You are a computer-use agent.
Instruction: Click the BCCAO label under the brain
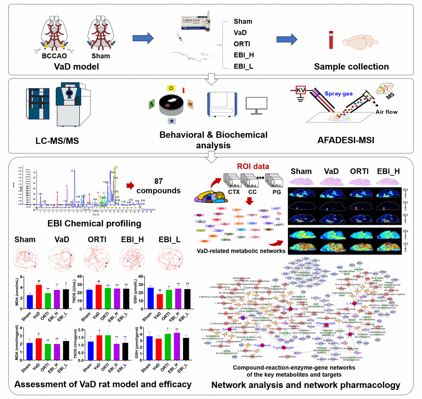54,56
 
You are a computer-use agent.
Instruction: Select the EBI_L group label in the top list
243,66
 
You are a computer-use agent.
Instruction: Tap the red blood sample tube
331,40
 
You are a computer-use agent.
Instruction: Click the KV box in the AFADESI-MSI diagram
301,90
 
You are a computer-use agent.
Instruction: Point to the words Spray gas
338,94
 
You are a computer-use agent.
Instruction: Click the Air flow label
386,112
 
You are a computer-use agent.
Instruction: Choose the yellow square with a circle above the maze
171,88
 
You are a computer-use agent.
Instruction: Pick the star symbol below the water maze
172,121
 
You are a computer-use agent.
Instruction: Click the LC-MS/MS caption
57,141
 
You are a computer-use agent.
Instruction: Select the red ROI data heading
253,166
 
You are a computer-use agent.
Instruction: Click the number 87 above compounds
158,181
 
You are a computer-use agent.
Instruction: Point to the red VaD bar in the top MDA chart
39,296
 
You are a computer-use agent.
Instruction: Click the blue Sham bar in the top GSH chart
150,298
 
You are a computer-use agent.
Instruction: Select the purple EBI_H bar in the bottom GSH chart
177,346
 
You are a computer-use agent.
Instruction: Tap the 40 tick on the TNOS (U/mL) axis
80,277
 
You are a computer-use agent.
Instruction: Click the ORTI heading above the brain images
359,171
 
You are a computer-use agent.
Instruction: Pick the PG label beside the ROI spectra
277,192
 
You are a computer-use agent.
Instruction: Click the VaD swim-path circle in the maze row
61,258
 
